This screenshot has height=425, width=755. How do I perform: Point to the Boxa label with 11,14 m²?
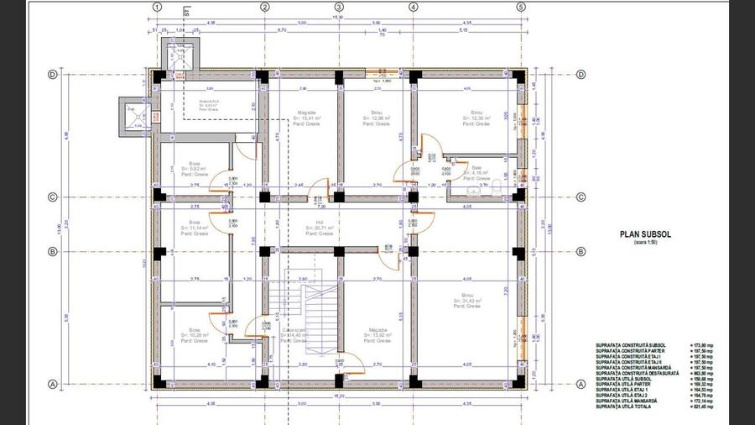(x=195, y=226)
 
